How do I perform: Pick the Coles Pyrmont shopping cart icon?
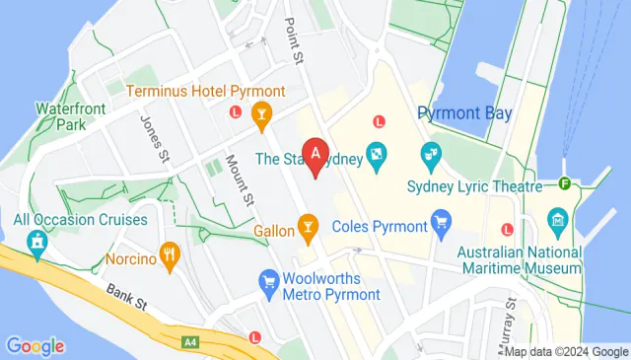click(441, 225)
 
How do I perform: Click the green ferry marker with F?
click(566, 183)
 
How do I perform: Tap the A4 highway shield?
click(189, 341)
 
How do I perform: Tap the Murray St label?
click(509, 326)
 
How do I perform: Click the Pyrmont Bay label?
click(464, 112)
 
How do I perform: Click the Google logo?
click(35, 345)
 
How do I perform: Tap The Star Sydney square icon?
click(376, 155)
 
